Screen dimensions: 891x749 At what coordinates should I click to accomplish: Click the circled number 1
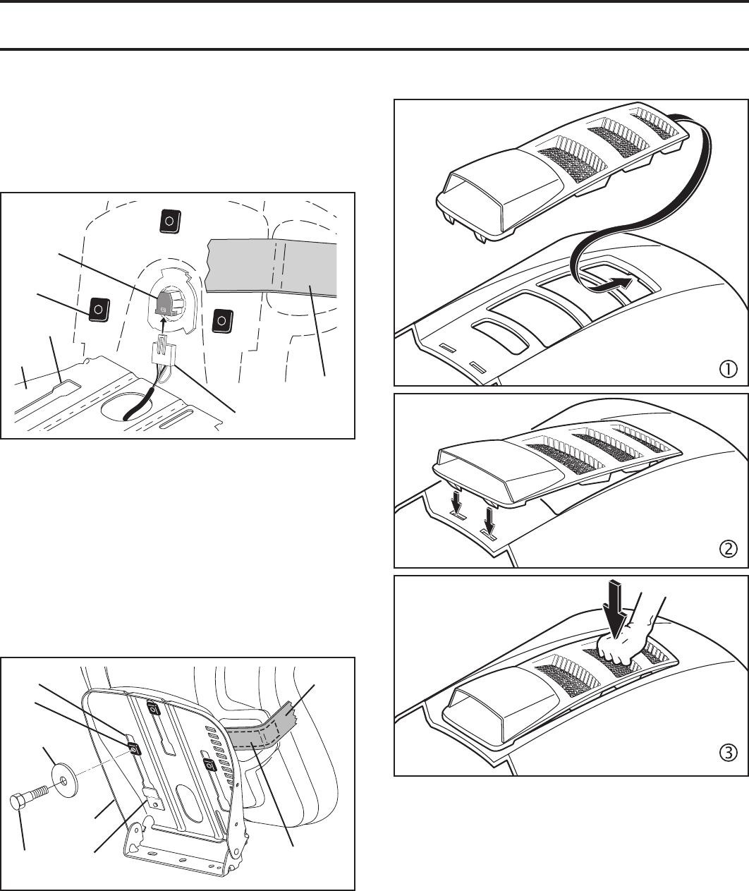[x=728, y=368]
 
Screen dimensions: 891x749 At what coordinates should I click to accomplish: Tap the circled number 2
[x=728, y=549]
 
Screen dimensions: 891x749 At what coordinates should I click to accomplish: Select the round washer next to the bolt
[x=64, y=781]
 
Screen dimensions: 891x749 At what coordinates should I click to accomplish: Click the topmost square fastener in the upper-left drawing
[x=169, y=220]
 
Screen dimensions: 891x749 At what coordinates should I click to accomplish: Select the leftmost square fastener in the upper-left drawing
[x=99, y=308]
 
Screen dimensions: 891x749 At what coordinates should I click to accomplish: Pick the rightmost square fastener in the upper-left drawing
[x=222, y=320]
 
